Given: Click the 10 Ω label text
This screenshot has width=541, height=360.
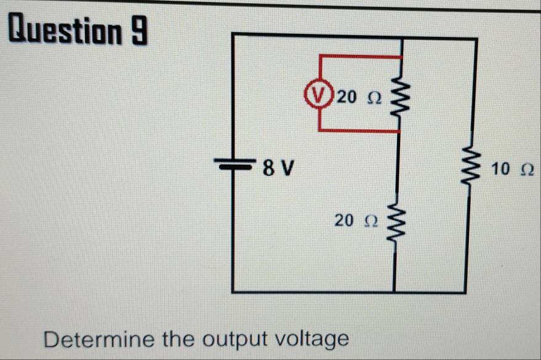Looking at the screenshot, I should click(x=511, y=167).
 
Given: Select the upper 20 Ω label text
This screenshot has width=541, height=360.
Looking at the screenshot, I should click(x=359, y=97).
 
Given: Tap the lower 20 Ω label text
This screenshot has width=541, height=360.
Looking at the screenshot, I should click(x=355, y=219).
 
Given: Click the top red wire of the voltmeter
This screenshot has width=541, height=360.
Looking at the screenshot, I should click(x=360, y=56).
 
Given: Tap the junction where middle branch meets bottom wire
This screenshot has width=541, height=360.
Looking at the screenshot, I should click(x=395, y=292).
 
